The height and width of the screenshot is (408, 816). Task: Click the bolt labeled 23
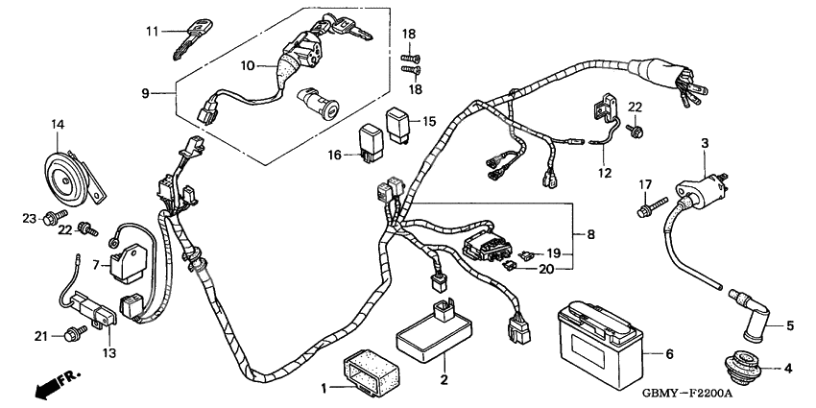tap(50, 220)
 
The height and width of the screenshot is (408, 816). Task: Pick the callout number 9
tap(146, 93)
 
